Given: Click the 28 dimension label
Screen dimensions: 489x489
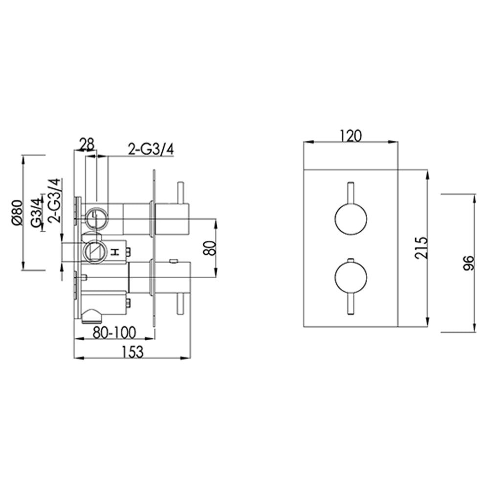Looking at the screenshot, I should click(x=86, y=144).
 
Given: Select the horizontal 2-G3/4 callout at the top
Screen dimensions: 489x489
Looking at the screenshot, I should click(x=151, y=148).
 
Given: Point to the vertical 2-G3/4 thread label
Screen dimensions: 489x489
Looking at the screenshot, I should click(x=55, y=200).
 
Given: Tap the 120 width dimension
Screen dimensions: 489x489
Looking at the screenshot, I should click(x=350, y=135).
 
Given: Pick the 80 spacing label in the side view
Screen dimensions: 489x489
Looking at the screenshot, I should click(x=209, y=248).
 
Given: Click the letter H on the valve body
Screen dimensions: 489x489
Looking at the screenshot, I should click(x=116, y=252).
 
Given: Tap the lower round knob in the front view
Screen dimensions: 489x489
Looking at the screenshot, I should click(x=350, y=277).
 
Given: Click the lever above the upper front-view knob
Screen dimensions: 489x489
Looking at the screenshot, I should click(x=350, y=194).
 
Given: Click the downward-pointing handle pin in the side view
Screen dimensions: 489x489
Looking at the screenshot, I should click(x=180, y=303).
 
